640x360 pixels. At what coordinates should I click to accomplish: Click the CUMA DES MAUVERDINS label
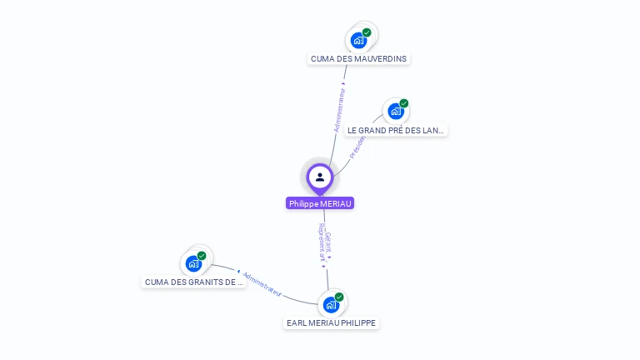[358, 59]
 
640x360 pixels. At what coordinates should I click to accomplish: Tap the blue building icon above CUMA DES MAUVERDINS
[358, 40]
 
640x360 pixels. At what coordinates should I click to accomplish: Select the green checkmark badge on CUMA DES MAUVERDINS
[367, 32]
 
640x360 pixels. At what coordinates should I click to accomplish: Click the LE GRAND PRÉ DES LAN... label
[396, 130]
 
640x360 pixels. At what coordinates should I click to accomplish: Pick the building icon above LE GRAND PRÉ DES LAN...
[396, 111]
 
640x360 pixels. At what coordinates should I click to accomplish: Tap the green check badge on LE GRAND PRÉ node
[404, 103]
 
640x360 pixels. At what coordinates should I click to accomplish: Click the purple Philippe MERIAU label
[320, 203]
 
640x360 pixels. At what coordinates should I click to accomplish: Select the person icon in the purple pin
[320, 177]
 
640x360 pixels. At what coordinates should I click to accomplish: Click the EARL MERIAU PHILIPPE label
[331, 322]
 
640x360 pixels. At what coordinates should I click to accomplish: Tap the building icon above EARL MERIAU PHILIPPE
[331, 304]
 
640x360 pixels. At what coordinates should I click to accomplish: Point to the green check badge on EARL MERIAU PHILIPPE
[339, 297]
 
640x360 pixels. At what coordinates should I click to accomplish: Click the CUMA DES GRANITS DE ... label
[193, 282]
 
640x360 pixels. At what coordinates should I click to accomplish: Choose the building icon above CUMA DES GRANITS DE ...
[193, 263]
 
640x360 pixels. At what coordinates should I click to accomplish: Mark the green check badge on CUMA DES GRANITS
[202, 256]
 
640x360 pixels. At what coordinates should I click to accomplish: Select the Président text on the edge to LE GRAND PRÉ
[357, 146]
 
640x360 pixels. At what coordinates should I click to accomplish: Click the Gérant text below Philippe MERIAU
[328, 242]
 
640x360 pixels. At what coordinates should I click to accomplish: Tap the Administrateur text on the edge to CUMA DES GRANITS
[262, 284]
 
